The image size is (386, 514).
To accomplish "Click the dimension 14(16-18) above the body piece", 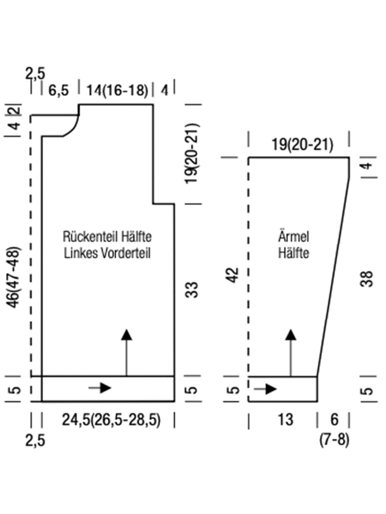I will point(117,90).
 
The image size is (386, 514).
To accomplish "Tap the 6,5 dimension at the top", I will point(58,90).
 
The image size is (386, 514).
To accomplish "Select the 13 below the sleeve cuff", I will point(286,419).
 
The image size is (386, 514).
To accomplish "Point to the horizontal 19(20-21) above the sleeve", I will point(302,145).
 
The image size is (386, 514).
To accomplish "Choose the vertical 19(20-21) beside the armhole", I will point(194,154).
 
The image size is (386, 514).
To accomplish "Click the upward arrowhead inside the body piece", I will point(127,335).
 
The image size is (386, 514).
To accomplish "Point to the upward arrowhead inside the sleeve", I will point(291,335).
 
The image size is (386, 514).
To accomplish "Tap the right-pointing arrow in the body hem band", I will point(101,388).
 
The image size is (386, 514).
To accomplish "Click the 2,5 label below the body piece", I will point(35,441).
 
